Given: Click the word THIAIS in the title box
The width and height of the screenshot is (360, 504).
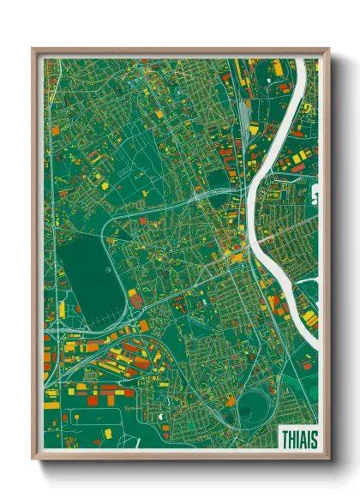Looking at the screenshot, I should click(x=299, y=439).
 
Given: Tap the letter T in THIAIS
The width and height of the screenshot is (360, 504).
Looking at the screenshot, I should click(x=285, y=439).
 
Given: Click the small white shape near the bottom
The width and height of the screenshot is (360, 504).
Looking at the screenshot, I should click(x=160, y=417).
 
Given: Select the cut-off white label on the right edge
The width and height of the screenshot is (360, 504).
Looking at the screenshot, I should click(x=315, y=196).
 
